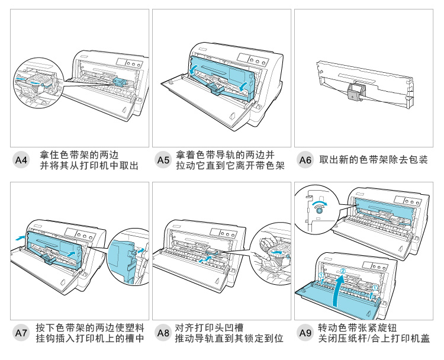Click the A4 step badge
[22, 160]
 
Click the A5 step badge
[163, 160]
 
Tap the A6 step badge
[305, 160]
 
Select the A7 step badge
[22, 333]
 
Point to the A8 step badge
[163, 333]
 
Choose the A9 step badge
[305, 333]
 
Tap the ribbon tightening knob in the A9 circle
[319, 209]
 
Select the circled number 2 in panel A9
[342, 271]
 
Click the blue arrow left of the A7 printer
[21, 237]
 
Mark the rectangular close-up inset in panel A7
[125, 260]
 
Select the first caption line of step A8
[210, 327]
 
